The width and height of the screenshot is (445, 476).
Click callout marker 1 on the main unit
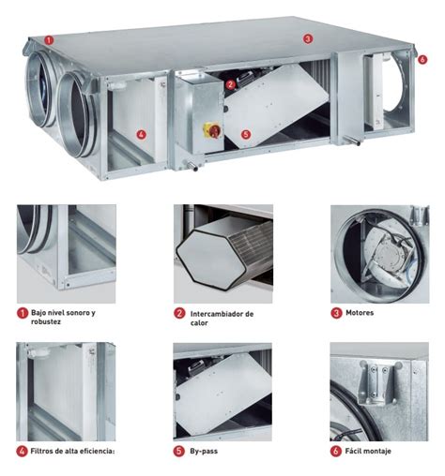click(49, 40)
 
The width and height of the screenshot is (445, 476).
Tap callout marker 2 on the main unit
click(230, 84)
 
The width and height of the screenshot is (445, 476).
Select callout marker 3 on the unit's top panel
click(308, 38)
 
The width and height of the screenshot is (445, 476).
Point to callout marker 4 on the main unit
click(141, 135)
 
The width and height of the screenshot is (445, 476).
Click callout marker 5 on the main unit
click(246, 134)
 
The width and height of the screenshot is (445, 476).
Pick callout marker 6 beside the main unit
click(422, 59)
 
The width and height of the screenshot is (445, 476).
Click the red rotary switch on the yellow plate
click(215, 131)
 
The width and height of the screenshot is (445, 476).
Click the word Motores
click(360, 313)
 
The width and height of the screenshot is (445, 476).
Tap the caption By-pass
click(204, 451)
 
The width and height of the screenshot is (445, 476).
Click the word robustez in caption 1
click(46, 321)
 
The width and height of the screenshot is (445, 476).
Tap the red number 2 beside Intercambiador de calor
click(179, 313)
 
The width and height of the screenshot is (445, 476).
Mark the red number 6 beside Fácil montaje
click(336, 451)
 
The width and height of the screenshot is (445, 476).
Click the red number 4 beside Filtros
click(22, 451)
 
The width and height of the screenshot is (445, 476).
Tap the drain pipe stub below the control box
click(192, 166)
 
